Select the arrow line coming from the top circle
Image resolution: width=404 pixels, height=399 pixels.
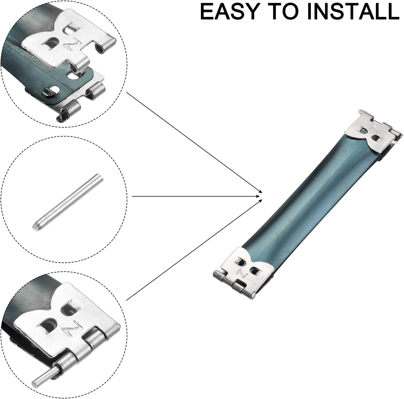[x=194, y=141]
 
